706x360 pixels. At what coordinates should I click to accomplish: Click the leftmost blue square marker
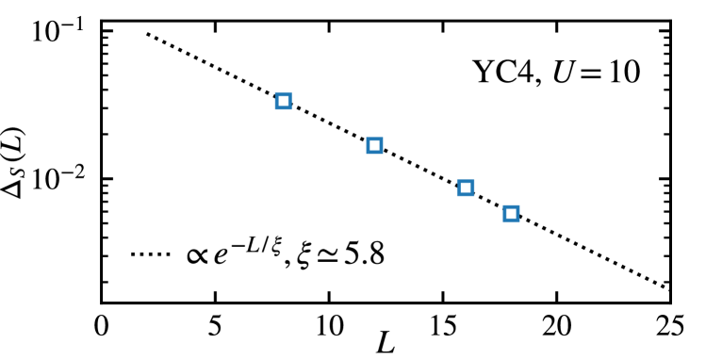pyautogui.click(x=283, y=101)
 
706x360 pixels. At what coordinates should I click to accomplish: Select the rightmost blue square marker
pyautogui.click(x=511, y=214)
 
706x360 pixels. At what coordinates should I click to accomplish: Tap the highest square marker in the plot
pyautogui.click(x=283, y=101)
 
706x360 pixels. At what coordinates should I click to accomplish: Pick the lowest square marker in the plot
pyautogui.click(x=511, y=214)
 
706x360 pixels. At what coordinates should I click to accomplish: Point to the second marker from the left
pyautogui.click(x=374, y=145)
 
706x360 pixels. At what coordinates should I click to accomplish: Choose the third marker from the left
pyautogui.click(x=466, y=188)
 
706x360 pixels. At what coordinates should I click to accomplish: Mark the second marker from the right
pyautogui.click(x=466, y=188)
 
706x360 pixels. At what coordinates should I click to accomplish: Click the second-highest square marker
pyautogui.click(x=374, y=145)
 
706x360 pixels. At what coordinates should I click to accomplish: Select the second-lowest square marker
pyautogui.click(x=466, y=188)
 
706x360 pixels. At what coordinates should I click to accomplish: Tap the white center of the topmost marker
pyautogui.click(x=283, y=101)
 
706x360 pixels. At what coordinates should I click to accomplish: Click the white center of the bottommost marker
pyautogui.click(x=511, y=214)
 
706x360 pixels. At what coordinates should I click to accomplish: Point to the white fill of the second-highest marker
pyautogui.click(x=374, y=145)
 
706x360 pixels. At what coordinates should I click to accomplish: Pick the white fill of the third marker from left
pyautogui.click(x=466, y=188)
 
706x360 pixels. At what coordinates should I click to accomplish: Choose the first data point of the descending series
pyautogui.click(x=283, y=101)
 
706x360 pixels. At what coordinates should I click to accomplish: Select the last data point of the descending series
pyautogui.click(x=511, y=214)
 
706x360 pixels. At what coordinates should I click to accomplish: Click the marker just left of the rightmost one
pyautogui.click(x=466, y=188)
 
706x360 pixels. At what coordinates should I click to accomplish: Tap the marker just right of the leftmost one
pyautogui.click(x=374, y=145)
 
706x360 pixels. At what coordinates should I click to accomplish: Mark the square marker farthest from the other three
pyautogui.click(x=283, y=101)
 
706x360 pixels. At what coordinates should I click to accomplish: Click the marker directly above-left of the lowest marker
pyautogui.click(x=466, y=188)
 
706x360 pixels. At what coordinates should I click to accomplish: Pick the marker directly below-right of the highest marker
pyautogui.click(x=374, y=145)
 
